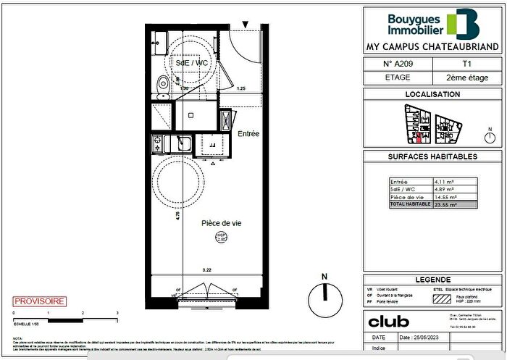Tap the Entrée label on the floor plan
[248, 134]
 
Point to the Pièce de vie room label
[221, 223]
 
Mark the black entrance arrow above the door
[246, 27]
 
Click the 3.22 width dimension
[206, 270]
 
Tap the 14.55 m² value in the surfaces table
[445, 197]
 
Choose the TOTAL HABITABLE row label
[410, 205]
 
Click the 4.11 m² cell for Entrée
[444, 182]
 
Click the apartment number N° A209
[398, 64]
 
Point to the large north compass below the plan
[325, 296]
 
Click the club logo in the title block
[389, 321]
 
